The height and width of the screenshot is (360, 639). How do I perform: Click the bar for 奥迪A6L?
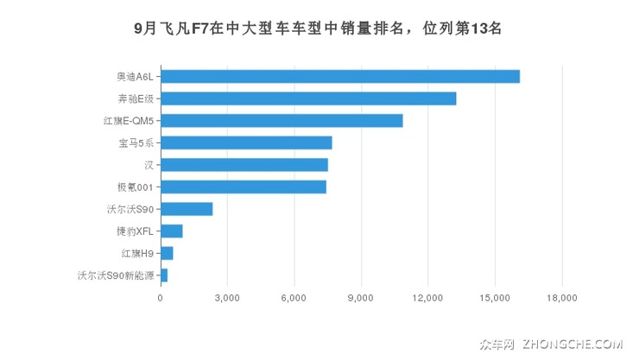[340, 76]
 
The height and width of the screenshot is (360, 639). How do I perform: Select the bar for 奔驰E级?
[308, 98]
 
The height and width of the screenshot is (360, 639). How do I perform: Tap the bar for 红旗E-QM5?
[282, 120]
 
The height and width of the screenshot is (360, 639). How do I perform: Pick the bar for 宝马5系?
[246, 142]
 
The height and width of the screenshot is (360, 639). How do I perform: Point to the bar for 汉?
[244, 164]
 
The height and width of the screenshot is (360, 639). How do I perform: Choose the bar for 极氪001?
[244, 186]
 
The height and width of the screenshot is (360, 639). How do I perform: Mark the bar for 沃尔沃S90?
[187, 209]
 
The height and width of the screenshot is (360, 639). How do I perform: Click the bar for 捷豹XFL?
[172, 231]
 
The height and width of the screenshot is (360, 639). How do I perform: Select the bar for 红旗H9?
[167, 253]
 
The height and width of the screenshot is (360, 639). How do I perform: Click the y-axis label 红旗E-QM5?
[128, 120]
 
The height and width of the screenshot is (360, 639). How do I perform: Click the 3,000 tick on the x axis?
[227, 299]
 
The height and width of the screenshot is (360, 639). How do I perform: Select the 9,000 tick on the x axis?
[361, 299]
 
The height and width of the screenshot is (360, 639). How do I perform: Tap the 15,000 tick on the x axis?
[495, 299]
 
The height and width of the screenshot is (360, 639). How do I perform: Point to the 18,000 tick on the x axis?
[561, 299]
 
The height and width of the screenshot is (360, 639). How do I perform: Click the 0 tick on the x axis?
[161, 299]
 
